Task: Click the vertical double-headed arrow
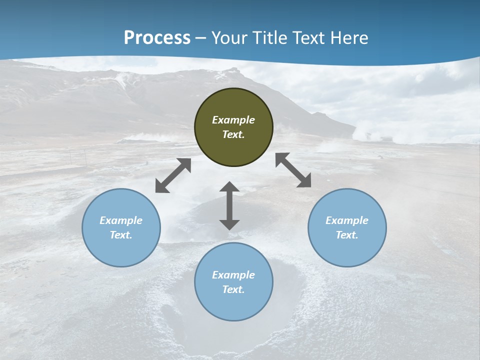(229, 205)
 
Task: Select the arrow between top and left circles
(173, 175)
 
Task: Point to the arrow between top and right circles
(293, 170)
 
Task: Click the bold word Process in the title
(157, 38)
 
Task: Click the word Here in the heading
(349, 38)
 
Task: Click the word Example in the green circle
(233, 120)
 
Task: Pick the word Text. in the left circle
(121, 235)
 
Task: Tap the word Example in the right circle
(347, 220)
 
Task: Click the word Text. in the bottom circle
(233, 289)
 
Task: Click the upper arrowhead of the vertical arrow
(229, 187)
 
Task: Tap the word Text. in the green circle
(233, 134)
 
